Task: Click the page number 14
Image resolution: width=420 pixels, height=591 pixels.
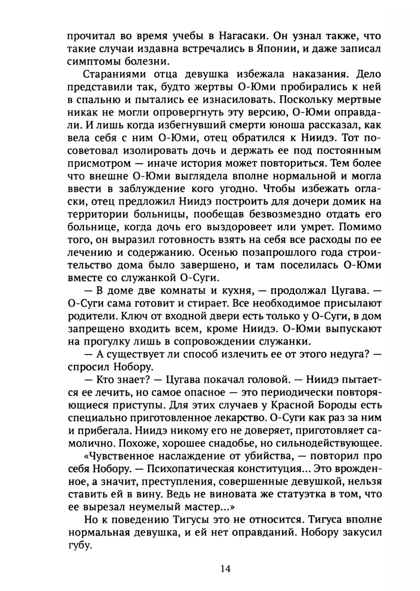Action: coord(225,569)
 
